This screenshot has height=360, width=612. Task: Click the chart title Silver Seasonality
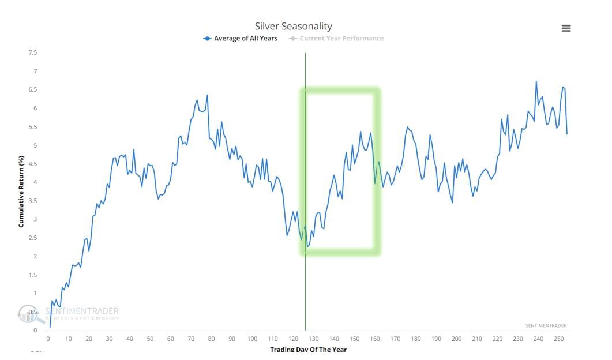tap(294, 26)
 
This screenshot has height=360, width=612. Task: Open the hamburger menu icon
tap(566, 28)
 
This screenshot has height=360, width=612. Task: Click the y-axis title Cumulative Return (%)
tap(21, 191)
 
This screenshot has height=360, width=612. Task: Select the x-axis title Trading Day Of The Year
tap(308, 350)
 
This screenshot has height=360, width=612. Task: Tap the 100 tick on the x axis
tap(252, 339)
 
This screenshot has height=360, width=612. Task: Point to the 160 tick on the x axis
tap(375, 339)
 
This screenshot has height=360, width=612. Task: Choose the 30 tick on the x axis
tap(109, 339)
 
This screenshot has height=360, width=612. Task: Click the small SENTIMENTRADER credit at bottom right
tap(546, 326)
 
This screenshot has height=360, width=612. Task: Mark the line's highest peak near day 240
tap(536, 81)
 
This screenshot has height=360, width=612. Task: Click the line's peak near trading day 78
tap(207, 95)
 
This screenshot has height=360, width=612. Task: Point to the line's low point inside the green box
tap(307, 247)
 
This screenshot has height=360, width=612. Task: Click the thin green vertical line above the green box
tap(305, 69)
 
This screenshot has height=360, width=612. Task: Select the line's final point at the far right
tap(567, 134)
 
